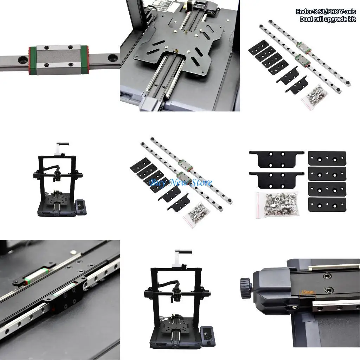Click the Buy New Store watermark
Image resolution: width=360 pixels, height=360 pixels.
tap(181, 182)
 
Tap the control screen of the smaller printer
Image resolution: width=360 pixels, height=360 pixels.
tap(81, 207)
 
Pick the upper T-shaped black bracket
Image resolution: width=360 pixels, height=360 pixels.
tap(277, 159)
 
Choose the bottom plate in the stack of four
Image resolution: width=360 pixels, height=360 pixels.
tap(327, 204)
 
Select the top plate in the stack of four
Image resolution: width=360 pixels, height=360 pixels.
tap(327, 158)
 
